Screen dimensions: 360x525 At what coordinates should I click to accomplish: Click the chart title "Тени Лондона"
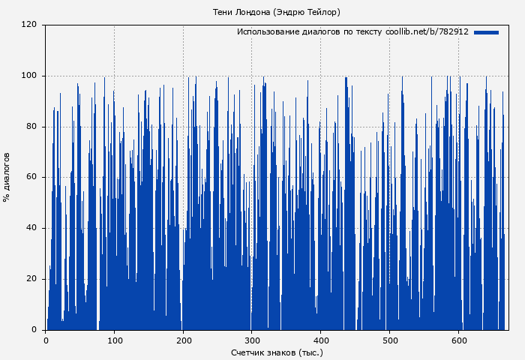[x=241, y=12]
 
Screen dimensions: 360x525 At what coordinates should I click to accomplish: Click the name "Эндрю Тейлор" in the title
[x=307, y=12]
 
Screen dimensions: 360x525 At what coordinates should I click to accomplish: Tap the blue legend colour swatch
[x=486, y=32]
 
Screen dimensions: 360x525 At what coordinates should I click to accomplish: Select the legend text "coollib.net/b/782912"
[x=427, y=32]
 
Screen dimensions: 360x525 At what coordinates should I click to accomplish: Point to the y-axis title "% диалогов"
[x=7, y=177]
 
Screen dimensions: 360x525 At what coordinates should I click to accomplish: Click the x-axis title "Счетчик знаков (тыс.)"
[x=277, y=352]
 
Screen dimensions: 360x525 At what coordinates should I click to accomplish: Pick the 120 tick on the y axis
[x=29, y=25]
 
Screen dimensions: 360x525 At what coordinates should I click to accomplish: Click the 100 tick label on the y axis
[x=29, y=76]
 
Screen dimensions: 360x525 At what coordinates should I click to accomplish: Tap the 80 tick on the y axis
[x=31, y=127]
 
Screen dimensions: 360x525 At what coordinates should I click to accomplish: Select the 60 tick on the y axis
[x=31, y=178]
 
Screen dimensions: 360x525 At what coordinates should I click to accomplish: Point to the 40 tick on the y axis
[x=31, y=228]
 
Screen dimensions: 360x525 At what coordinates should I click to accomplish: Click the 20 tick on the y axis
[x=31, y=279]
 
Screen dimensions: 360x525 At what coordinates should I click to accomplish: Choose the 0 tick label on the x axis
[x=46, y=340]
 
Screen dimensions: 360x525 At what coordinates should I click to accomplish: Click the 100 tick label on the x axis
[x=115, y=340]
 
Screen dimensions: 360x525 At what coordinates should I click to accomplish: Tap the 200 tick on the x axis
[x=183, y=340]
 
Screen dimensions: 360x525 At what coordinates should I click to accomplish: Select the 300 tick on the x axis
[x=252, y=340]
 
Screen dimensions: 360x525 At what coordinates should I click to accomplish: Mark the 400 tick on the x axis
[x=320, y=340]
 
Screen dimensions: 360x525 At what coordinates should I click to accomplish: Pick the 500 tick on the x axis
[x=389, y=340]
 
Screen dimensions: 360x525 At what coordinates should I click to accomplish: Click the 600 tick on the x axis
[x=458, y=340]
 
